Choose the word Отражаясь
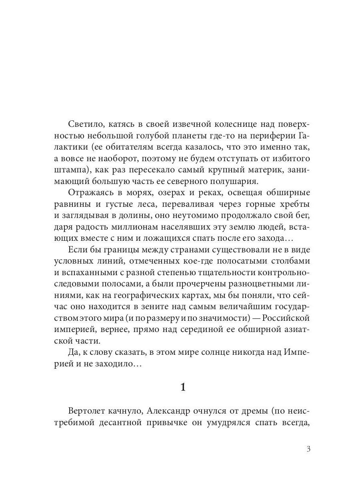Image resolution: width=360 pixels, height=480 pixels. pos(90,193)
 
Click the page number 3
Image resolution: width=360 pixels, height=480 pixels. pos(308,449)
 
